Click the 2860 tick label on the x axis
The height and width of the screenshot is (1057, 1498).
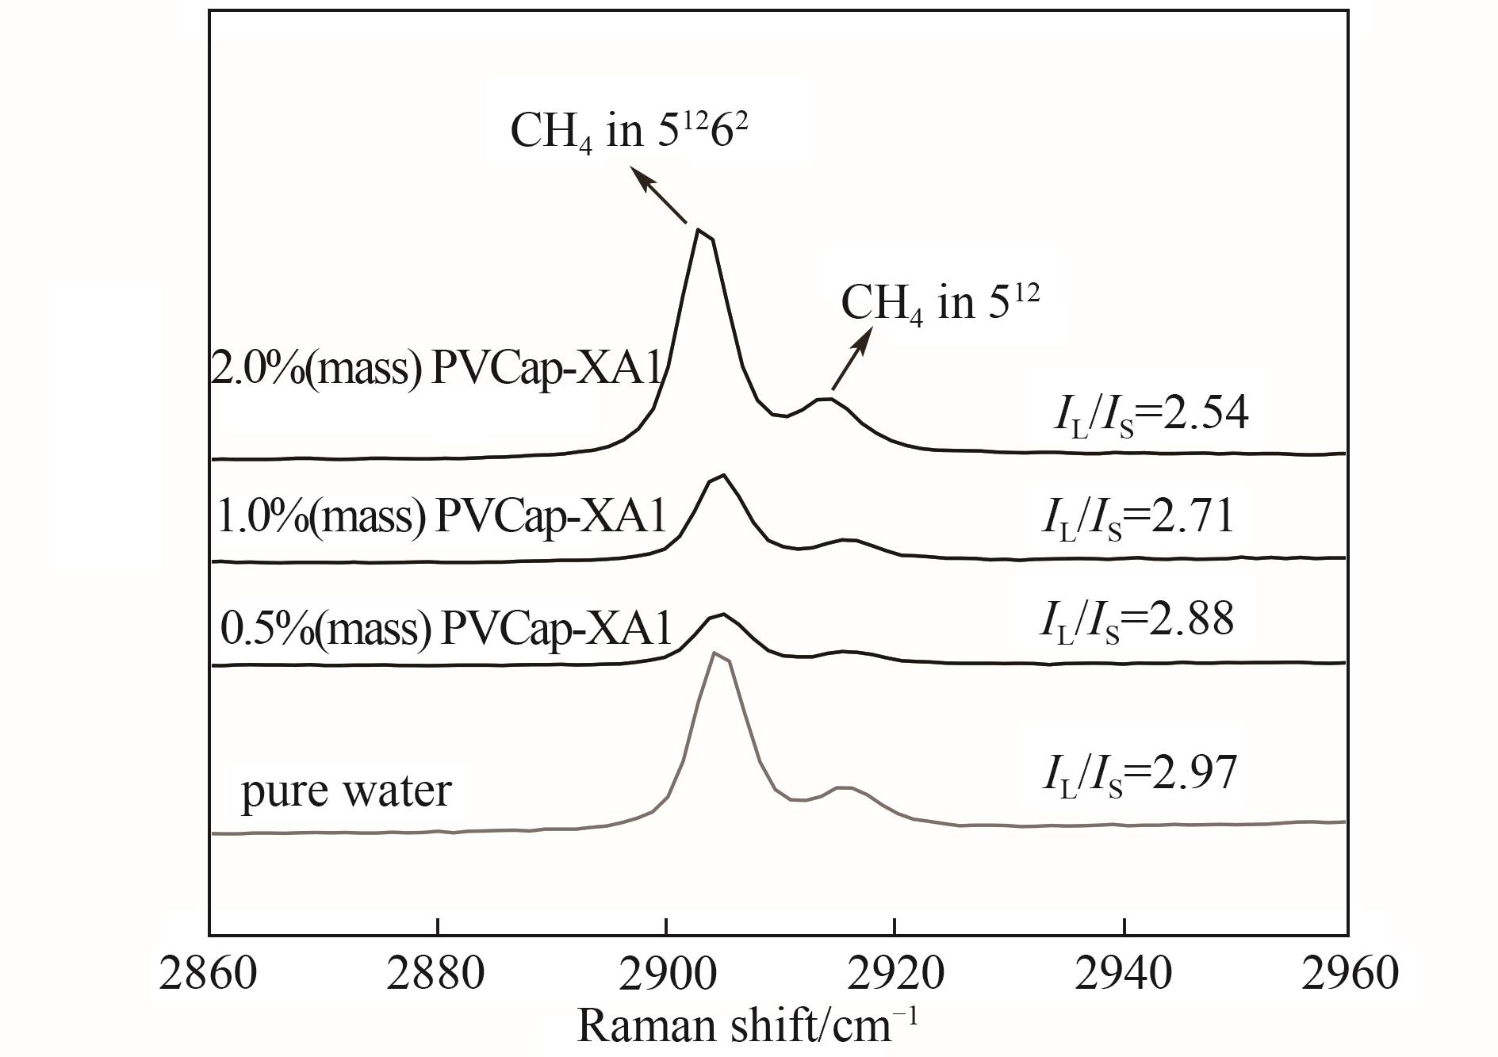tap(208, 973)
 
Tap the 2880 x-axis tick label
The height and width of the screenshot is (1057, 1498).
tap(435, 973)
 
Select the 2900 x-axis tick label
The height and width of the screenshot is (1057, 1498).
tap(666, 973)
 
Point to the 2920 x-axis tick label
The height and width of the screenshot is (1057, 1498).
tap(894, 973)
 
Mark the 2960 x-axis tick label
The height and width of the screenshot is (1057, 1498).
tap(1350, 973)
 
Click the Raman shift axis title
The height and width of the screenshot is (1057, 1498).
tap(748, 1025)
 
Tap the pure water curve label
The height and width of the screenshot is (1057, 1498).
tap(346, 791)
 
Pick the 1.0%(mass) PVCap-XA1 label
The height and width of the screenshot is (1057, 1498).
tap(441, 517)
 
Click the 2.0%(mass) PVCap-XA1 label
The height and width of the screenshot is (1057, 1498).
tap(436, 370)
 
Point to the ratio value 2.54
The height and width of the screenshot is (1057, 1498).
tap(1151, 415)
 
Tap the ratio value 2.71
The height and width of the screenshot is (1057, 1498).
tap(1138, 517)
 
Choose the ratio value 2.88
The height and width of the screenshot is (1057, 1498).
tap(1137, 620)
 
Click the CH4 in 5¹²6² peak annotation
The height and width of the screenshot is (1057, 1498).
tap(630, 129)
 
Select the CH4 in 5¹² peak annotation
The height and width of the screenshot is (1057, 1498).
tap(940, 303)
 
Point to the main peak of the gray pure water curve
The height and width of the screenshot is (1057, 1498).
tap(715, 653)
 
